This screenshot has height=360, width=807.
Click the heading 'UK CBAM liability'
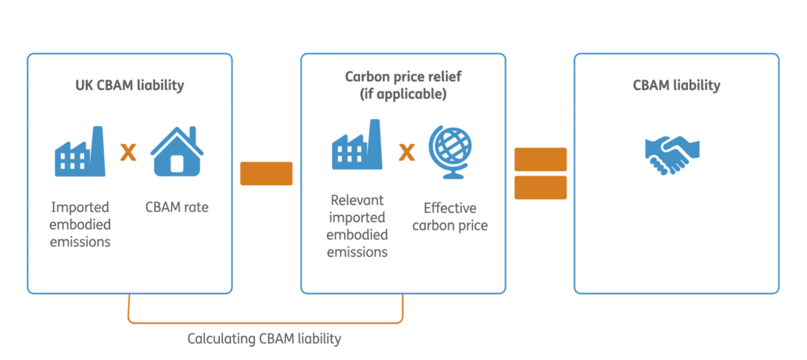(x=129, y=84)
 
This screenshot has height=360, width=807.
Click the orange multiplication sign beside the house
(x=128, y=152)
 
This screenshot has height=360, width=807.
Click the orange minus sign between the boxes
(x=266, y=173)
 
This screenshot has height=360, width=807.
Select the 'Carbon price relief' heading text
(x=403, y=76)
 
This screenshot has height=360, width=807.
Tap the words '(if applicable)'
(x=403, y=94)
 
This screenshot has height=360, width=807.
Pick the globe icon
(x=450, y=150)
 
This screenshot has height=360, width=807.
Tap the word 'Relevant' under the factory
(x=358, y=200)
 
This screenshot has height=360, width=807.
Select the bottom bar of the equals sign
(x=541, y=187)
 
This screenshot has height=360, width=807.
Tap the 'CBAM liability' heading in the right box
(x=676, y=85)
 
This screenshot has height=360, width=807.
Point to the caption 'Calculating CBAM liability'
(x=264, y=340)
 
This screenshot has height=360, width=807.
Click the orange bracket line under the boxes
(x=266, y=322)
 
